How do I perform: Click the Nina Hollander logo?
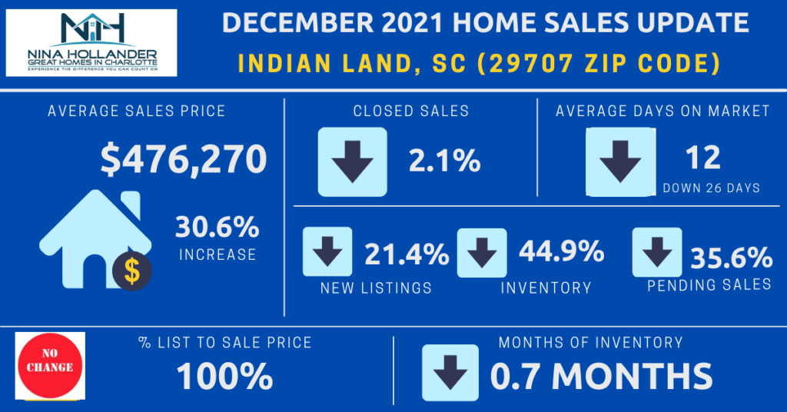pyautogui.click(x=91, y=42)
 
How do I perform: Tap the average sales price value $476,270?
pyautogui.click(x=184, y=158)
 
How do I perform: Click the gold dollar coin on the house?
pyautogui.click(x=132, y=271)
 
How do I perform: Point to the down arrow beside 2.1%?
pyautogui.click(x=352, y=161)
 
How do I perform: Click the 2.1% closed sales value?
pyautogui.click(x=443, y=161)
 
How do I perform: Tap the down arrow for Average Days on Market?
pyautogui.click(x=620, y=161)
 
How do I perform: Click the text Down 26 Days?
pyautogui.click(x=711, y=188)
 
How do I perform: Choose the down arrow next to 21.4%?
pyautogui.click(x=327, y=251)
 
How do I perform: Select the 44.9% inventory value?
pyautogui.click(x=560, y=251)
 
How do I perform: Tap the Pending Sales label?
pyautogui.click(x=709, y=284)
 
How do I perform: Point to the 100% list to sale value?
pyautogui.click(x=224, y=376)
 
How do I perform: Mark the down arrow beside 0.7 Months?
pyautogui.click(x=450, y=373)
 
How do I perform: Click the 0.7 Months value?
pyautogui.click(x=601, y=376)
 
